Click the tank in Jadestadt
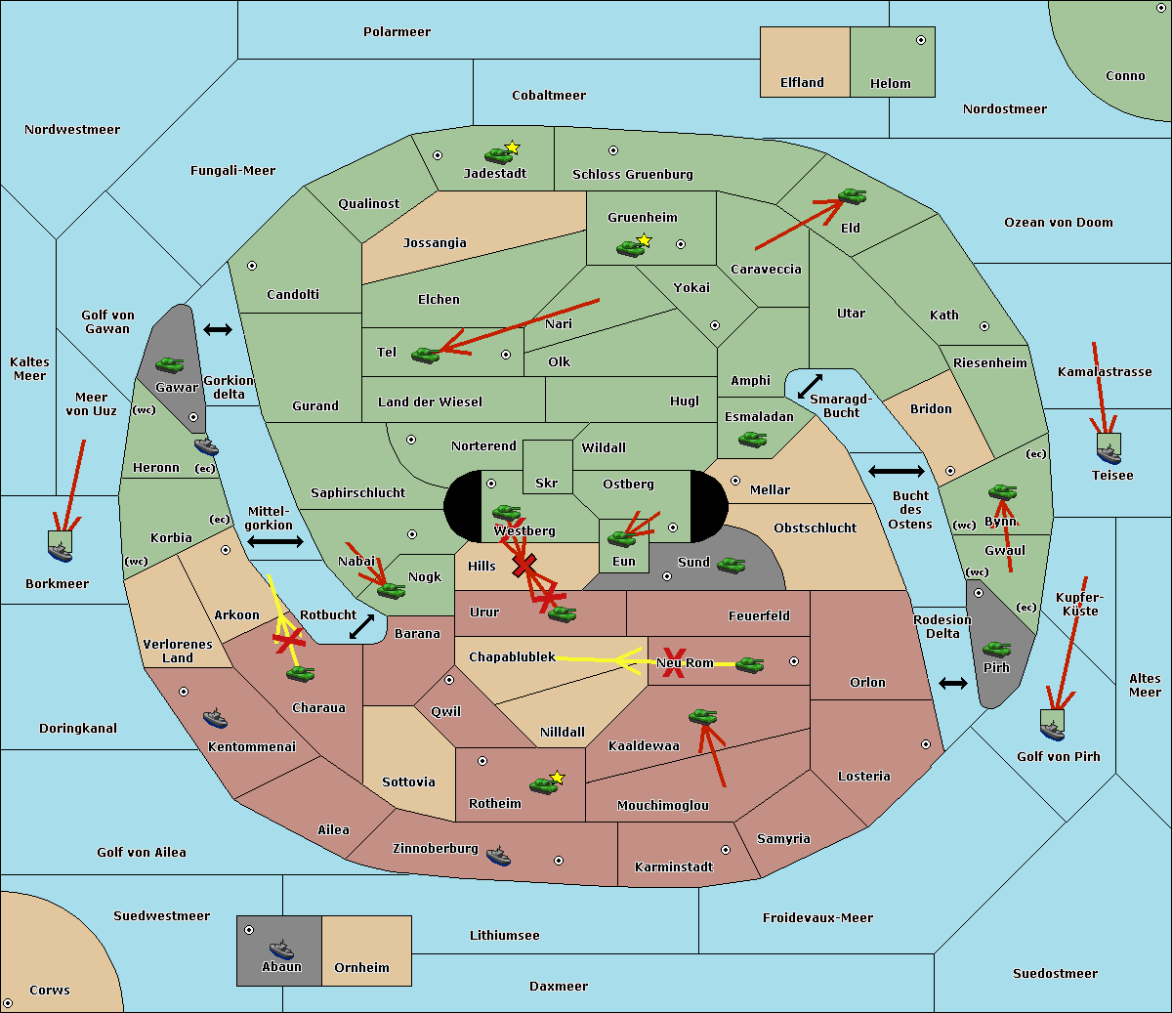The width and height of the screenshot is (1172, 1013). [499, 154]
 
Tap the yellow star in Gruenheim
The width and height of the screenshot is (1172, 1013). [644, 240]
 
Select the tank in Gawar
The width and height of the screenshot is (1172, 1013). [170, 364]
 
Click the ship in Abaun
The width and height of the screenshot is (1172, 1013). [281, 949]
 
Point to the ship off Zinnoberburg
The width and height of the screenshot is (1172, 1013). [498, 856]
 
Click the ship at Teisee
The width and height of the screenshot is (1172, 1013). [1109, 450]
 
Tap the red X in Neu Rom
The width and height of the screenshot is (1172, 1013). [673, 661]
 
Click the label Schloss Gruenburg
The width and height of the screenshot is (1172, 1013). [632, 175]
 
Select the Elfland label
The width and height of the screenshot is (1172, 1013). [802, 83]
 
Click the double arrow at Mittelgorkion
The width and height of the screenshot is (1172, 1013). [274, 541]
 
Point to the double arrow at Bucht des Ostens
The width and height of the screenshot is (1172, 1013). [896, 472]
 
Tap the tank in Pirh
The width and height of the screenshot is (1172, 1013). [996, 649]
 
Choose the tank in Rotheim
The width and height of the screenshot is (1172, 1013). [543, 784]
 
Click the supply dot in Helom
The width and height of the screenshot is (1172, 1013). [920, 40]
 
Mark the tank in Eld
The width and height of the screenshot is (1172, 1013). [852, 196]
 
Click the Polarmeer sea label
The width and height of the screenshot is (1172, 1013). [397, 32]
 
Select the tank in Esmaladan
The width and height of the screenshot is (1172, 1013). [752, 440]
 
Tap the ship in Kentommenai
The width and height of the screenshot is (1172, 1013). [215, 719]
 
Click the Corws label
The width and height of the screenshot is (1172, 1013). [50, 990]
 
